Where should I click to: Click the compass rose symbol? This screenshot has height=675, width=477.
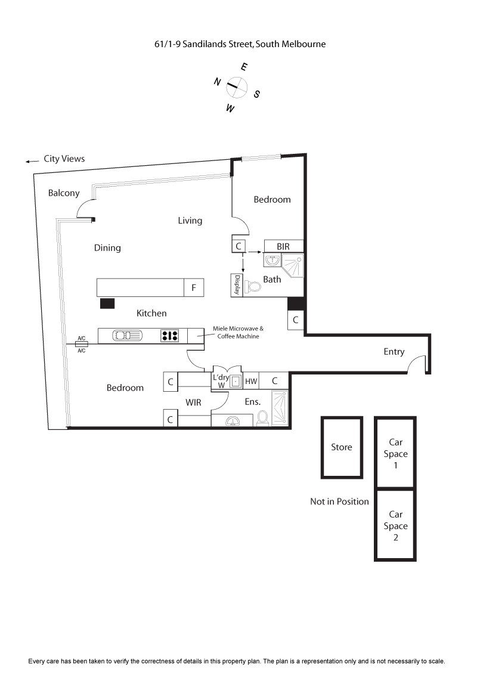tap(237, 88)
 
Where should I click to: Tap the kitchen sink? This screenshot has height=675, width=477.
tap(128, 335)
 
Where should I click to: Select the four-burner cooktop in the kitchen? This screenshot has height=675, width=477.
tap(169, 336)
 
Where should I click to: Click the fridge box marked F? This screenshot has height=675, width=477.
tap(194, 287)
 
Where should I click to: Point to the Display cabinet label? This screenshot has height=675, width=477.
tap(237, 285)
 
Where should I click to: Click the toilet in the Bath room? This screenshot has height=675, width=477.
tap(253, 286)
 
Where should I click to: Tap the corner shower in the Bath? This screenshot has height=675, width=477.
tap(292, 265)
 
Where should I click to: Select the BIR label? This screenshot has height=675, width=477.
tap(283, 246)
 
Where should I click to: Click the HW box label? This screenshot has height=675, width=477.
tap(251, 381)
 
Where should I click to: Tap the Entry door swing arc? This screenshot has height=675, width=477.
tap(415, 361)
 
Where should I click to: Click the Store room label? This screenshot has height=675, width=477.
tap(342, 447)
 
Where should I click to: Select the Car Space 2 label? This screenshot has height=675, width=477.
tap(396, 525)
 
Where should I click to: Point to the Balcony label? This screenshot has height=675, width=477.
tap(64, 193)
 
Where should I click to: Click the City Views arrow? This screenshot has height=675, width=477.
tap(32, 162)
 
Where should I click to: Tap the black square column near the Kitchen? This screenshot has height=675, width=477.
tap(107, 304)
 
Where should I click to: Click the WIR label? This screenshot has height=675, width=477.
tap(193, 402)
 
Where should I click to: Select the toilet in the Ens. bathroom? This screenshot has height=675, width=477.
tap(262, 418)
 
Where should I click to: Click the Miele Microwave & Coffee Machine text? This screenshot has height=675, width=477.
tap(238, 332)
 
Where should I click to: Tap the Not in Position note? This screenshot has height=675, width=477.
tap(339, 501)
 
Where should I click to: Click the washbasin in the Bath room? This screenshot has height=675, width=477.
tap(272, 260)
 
